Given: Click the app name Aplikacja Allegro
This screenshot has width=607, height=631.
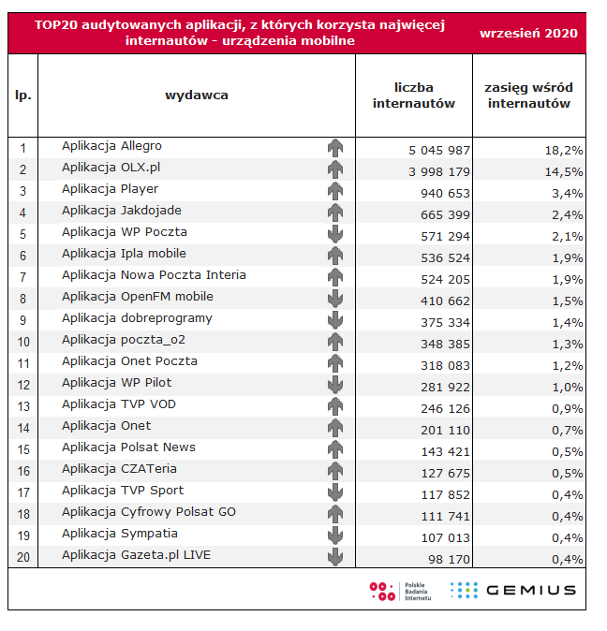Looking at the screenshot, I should tap(111, 146).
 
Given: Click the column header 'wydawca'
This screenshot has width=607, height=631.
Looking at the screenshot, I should tap(196, 95).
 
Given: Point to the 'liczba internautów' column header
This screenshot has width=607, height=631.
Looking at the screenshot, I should tap(413, 95).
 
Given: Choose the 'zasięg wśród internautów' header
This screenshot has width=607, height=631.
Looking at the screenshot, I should tap(528, 95).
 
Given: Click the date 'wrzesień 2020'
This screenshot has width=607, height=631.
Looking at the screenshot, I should tap(528, 33).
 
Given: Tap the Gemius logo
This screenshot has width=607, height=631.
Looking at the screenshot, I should tap(513, 590).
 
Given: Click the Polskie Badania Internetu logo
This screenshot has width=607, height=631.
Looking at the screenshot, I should tap(400, 591).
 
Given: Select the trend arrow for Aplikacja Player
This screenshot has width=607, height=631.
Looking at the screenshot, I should tap(335, 191).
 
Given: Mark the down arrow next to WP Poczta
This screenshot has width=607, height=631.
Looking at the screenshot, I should tap(335, 234).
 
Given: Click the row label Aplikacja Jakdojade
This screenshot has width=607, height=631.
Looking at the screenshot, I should tap(122, 211).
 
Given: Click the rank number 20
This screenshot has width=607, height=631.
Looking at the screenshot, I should tap(23, 558).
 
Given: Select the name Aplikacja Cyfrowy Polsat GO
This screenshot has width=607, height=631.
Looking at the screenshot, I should tap(149, 512).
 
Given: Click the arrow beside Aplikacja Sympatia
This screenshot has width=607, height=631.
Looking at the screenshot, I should tap(335, 536).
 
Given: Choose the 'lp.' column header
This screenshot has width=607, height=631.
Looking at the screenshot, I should tap(23, 95).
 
